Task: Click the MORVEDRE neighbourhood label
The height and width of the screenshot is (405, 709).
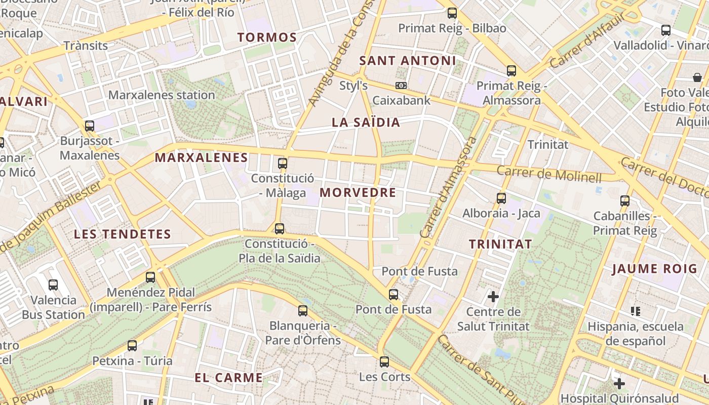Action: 358,193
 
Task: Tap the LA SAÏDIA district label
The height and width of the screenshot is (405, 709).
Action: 366,123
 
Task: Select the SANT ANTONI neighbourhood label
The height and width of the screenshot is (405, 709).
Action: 408,61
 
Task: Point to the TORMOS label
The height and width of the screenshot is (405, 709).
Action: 267,37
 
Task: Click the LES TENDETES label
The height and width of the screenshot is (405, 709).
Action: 123,234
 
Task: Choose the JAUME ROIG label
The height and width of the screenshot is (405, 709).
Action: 654,269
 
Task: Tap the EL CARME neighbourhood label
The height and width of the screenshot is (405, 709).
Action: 229,378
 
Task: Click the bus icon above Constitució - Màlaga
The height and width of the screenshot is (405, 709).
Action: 283,164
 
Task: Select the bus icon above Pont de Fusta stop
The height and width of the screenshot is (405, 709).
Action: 393,295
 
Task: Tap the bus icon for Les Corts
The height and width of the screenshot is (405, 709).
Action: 384,362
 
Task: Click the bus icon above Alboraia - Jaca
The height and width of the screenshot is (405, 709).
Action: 501,198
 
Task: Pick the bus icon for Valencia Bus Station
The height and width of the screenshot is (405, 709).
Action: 53,285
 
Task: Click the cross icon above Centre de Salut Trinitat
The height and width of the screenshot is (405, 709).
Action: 493,296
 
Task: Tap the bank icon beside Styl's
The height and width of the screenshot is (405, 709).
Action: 401,86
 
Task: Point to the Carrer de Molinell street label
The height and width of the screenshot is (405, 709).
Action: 549,174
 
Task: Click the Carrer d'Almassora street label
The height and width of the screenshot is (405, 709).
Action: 449,187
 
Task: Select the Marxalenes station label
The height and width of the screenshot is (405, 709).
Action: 162,95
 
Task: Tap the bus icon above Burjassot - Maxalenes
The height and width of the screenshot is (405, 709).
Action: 90,126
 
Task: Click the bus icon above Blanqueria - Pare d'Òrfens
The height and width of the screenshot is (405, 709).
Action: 303,311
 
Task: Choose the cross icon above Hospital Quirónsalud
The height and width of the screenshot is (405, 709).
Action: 619,383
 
